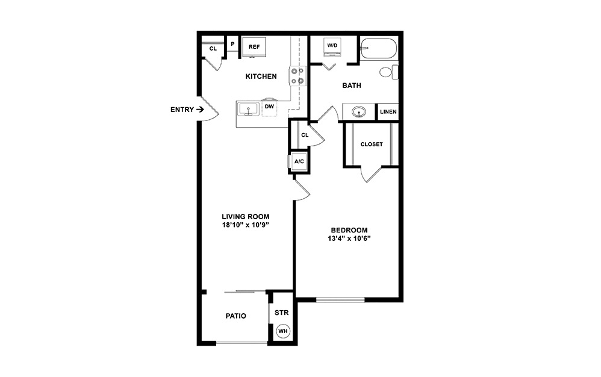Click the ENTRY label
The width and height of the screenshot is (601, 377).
click(182, 110)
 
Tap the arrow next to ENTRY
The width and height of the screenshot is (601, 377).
click(200, 110)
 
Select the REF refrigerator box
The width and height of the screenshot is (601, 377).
click(254, 46)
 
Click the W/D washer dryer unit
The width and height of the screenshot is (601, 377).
click(332, 46)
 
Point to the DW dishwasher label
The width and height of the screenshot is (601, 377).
click(270, 107)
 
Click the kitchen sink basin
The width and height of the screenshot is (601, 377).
click(248, 109)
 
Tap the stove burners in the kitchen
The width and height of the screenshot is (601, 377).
click(297, 75)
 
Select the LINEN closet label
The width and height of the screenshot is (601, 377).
click(388, 112)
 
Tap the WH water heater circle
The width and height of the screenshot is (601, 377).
click(282, 331)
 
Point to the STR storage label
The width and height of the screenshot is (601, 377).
click(282, 313)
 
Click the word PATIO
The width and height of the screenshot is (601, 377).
click(235, 316)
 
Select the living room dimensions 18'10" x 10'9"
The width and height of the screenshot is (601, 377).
click(245, 226)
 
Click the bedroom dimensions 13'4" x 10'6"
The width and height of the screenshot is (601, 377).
click(349, 239)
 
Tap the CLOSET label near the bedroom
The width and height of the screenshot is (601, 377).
click(372, 145)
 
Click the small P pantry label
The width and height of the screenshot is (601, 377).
click(232, 44)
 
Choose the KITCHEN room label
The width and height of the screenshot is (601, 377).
click(261, 76)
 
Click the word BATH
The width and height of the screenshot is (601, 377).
click(352, 86)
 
